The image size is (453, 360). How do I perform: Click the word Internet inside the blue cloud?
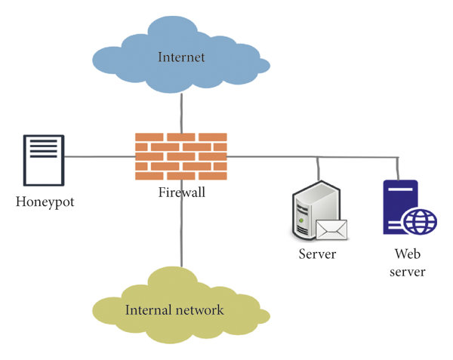click(x=181, y=57)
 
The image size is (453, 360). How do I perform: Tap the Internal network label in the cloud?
click(x=174, y=309)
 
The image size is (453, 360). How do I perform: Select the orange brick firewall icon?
click(x=181, y=156)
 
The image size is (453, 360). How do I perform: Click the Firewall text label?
click(x=182, y=192)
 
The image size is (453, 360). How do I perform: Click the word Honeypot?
click(x=45, y=203)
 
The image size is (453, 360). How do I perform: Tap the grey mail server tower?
click(x=308, y=212)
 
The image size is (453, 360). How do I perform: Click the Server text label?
click(x=317, y=254)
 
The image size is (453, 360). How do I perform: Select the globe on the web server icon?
click(x=419, y=223)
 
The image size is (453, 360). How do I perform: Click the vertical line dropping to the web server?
click(x=397, y=168)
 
